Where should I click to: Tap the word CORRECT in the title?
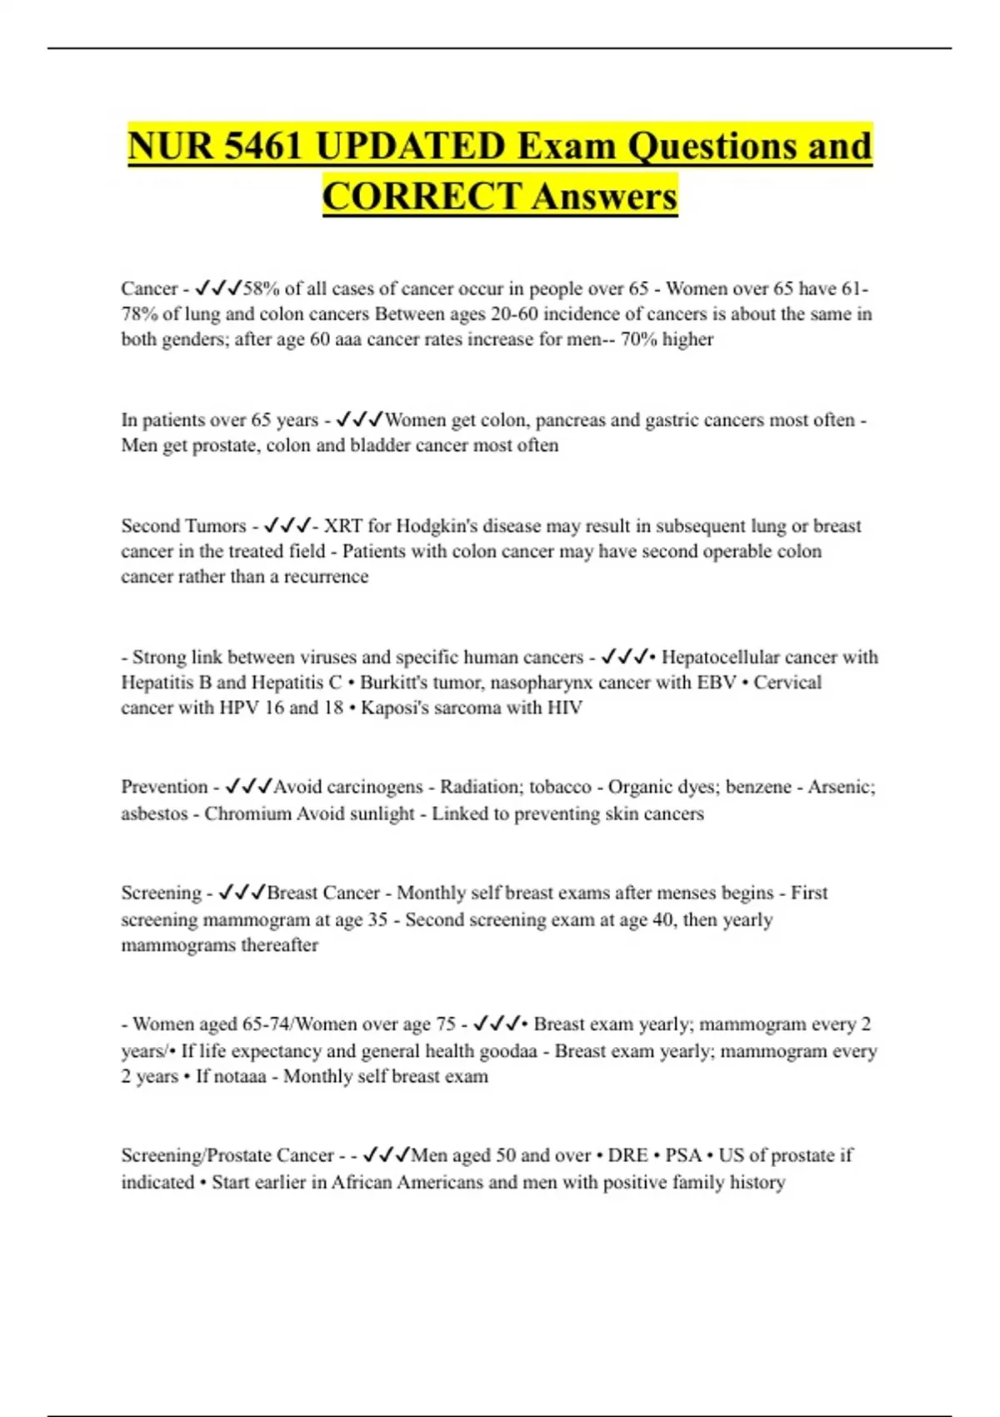(422, 197)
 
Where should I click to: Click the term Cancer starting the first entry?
(149, 288)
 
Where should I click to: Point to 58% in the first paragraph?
(260, 288)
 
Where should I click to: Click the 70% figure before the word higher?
(638, 339)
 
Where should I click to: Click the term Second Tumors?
(183, 526)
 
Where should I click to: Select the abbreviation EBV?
(717, 683)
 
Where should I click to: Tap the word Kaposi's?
(392, 708)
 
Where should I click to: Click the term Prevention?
(164, 787)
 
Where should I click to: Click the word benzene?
(758, 787)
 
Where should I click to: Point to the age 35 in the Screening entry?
(377, 919)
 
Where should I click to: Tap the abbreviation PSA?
(683, 1155)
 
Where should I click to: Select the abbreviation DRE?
(627, 1155)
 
